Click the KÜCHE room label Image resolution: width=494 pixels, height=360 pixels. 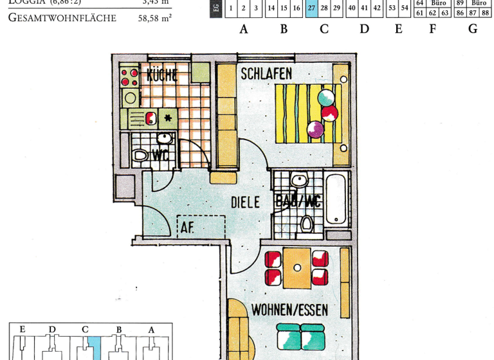click(x=162, y=75)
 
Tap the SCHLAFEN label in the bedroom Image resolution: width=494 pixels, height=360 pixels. click(x=266, y=74)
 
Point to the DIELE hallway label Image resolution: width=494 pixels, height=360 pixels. click(x=245, y=203)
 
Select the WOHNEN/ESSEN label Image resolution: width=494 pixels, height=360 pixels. click(x=289, y=310)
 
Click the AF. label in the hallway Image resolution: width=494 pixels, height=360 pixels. click(x=187, y=227)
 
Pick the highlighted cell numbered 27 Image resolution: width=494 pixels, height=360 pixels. click(x=311, y=8)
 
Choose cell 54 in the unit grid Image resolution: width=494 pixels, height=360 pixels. click(x=405, y=8)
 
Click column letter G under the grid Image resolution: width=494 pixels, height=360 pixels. click(x=473, y=29)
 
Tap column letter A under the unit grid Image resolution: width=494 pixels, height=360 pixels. click(x=244, y=29)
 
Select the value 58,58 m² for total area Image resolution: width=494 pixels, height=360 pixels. click(x=154, y=18)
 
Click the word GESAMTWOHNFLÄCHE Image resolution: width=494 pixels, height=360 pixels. click(x=62, y=18)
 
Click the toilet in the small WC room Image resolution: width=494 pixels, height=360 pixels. click(x=140, y=155)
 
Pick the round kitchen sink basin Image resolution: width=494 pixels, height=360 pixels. click(x=131, y=98)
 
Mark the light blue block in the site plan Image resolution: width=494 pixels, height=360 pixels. click(x=94, y=348)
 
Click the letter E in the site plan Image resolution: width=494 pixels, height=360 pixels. click(x=23, y=330)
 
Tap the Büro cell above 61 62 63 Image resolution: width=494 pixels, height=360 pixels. click(x=439, y=3)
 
